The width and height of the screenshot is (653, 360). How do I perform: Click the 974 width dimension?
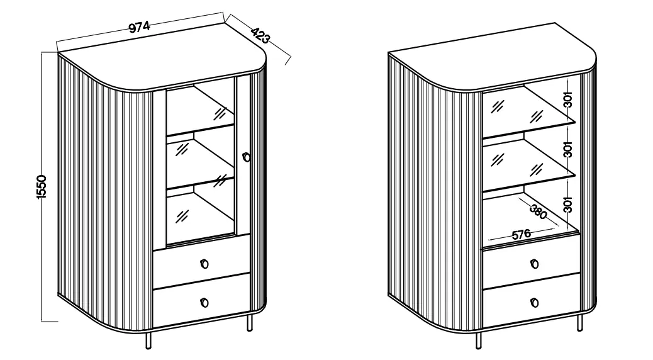pyautogui.click(x=138, y=27)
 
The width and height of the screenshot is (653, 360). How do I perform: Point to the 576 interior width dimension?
pyautogui.click(x=520, y=234)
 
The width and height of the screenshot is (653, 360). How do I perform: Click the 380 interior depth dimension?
pyautogui.click(x=538, y=211)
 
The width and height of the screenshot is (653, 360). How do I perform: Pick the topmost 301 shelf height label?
pyautogui.click(x=567, y=101)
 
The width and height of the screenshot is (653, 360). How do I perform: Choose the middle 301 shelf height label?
pyautogui.click(x=567, y=150)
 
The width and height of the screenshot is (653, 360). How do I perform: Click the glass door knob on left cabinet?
pyautogui.click(x=246, y=156)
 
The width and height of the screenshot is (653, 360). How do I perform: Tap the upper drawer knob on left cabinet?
pyautogui.click(x=204, y=263)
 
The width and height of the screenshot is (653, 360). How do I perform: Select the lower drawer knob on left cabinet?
pyautogui.click(x=204, y=303)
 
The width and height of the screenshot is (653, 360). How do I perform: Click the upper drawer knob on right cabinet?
pyautogui.click(x=534, y=263)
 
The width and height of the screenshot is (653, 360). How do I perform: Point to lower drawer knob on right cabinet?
pyautogui.click(x=534, y=303)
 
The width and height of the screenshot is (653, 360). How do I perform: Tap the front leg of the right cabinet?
pyautogui.click(x=479, y=340)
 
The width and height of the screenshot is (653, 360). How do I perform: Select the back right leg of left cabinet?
pyautogui.click(x=251, y=322)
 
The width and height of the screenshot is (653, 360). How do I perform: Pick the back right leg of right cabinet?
pyautogui.click(x=581, y=322)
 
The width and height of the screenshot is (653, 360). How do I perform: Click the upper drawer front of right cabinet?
pyautogui.click(x=532, y=266)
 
